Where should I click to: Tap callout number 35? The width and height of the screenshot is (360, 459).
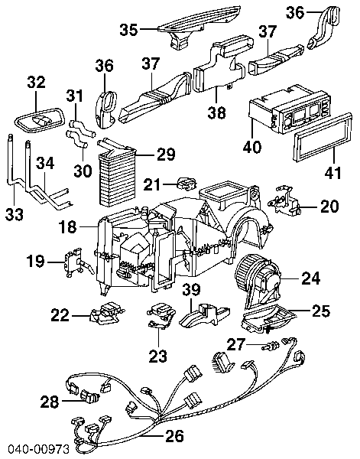(128, 30)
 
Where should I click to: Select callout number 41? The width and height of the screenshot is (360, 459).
(332, 172)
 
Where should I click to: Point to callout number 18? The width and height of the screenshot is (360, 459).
(67, 226)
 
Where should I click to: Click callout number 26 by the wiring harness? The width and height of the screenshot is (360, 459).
(174, 435)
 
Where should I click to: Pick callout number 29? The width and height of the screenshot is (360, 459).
(166, 155)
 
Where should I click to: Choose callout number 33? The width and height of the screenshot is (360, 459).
(15, 214)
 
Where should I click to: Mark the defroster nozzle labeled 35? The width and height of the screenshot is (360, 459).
(199, 25)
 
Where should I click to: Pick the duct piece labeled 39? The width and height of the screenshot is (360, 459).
(205, 315)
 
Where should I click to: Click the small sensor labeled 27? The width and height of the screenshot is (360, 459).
(271, 346)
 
